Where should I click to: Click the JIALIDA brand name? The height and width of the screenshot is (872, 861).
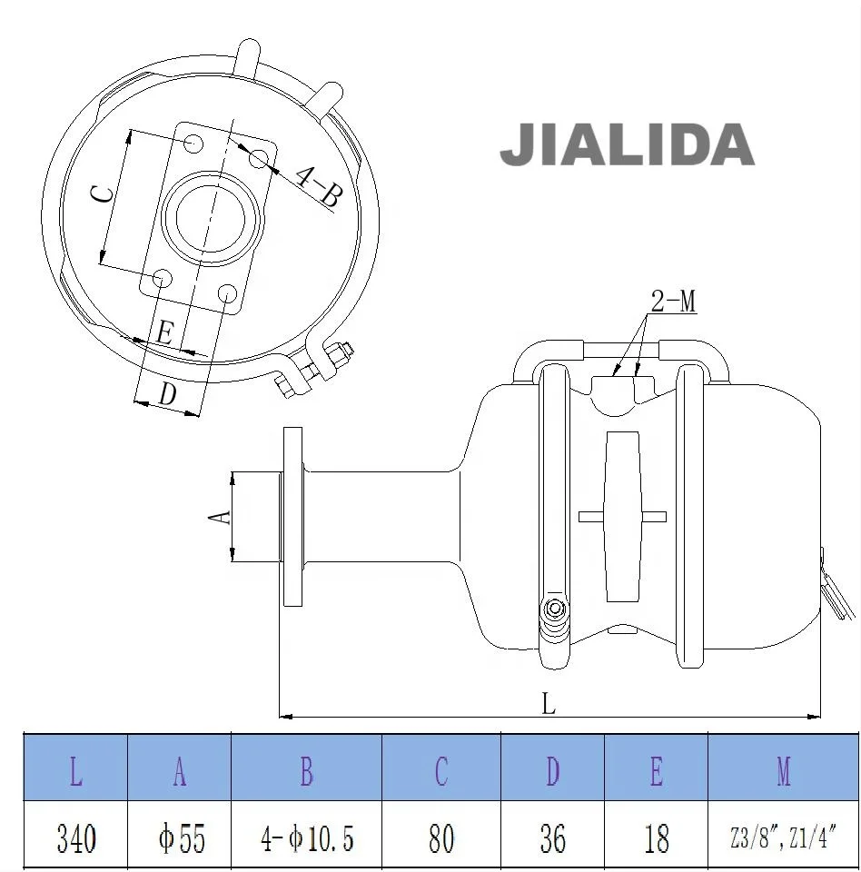click(x=627, y=145)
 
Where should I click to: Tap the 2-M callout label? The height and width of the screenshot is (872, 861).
click(x=674, y=302)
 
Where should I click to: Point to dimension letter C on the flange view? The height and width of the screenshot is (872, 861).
click(x=105, y=193)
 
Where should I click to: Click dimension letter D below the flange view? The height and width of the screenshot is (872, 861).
click(x=167, y=394)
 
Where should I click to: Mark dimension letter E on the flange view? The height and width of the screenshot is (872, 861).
click(x=164, y=333)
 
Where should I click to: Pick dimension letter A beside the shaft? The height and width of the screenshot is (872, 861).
click(x=220, y=516)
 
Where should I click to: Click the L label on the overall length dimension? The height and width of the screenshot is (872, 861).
click(x=549, y=704)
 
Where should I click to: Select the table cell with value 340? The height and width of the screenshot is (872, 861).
click(x=76, y=837)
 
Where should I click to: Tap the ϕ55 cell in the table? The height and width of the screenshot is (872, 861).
click(x=181, y=837)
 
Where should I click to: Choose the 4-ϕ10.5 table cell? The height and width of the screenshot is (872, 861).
click(x=307, y=837)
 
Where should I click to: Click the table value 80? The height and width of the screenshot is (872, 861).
click(x=440, y=837)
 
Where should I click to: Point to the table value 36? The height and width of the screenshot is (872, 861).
click(x=552, y=837)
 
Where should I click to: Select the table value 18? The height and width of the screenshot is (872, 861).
click(x=656, y=837)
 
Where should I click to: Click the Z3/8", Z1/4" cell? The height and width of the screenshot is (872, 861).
click(x=782, y=837)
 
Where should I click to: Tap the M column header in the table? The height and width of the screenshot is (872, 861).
click(x=783, y=771)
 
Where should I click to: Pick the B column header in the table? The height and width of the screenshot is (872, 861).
click(x=307, y=771)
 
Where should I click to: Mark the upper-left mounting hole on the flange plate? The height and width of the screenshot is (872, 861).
click(x=193, y=144)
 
